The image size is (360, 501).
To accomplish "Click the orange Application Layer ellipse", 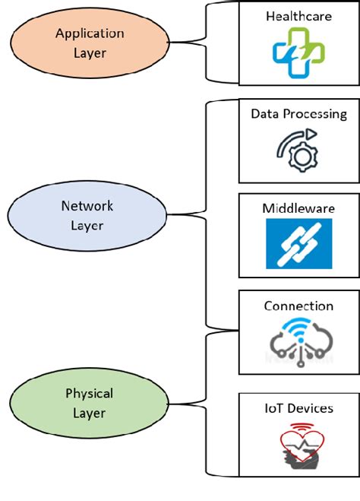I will point(89,43).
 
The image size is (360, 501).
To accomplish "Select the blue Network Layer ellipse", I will point(87,215).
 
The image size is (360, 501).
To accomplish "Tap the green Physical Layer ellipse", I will point(89,403).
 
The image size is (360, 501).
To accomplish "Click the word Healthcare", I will point(298,15).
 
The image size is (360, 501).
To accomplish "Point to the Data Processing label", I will point(298,114).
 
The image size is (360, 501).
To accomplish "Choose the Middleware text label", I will point(298,208).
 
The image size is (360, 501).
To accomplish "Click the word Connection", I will point(298,306).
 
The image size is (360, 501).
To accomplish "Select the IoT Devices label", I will point(298,408).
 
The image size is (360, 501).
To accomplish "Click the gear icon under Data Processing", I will point(298,151).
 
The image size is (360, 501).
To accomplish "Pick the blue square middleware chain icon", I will point(298,243).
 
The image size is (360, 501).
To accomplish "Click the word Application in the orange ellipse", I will point(89,33).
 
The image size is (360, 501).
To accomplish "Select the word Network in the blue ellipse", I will point(87,206).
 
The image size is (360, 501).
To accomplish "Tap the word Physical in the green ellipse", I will point(89,394).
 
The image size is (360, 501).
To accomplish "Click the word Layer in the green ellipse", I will point(89,413).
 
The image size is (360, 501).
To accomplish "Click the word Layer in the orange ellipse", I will point(89,53).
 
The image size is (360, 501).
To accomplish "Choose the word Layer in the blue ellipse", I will point(87,225).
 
